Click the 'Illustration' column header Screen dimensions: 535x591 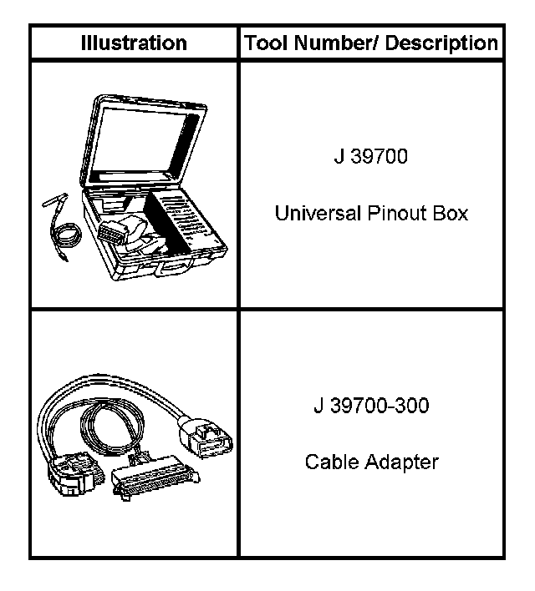pos(134,43)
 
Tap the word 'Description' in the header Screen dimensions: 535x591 pos(446,43)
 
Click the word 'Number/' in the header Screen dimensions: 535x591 pos(334,43)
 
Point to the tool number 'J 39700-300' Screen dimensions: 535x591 pos(371,407)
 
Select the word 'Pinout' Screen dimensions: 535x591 pos(394,213)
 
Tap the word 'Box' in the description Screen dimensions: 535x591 pos(451,213)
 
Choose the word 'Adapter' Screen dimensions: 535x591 pos(401,462)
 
